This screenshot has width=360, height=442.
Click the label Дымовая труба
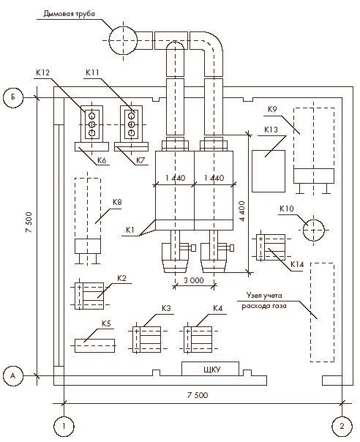point(69,14)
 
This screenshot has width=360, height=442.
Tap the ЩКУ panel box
point(210,369)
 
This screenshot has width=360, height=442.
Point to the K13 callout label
point(271,130)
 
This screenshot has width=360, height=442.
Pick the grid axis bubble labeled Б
point(13,97)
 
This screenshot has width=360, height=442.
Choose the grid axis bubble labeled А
point(13,375)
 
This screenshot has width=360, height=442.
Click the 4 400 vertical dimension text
point(242,211)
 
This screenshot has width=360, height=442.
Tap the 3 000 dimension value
point(194,280)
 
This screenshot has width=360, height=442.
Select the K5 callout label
point(106,323)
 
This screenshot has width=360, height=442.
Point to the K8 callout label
point(117,203)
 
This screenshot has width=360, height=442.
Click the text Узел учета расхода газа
point(264,301)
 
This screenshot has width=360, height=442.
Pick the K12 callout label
point(43,72)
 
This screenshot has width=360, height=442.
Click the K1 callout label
point(130,230)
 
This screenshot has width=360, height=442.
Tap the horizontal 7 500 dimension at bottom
point(198,395)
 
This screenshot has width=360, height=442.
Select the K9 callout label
point(272,109)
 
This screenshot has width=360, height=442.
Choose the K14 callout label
point(297,264)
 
